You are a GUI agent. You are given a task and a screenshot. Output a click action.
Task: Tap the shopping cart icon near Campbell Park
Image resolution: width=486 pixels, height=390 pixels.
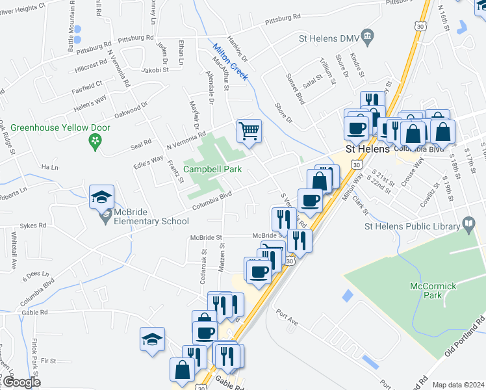pyautogui.click(x=249, y=131)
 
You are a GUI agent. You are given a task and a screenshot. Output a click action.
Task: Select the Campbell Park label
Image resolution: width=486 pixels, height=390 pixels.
pyautogui.click(x=212, y=169)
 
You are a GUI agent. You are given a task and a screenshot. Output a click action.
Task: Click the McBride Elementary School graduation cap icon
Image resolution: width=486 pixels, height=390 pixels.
pyautogui.click(x=102, y=197)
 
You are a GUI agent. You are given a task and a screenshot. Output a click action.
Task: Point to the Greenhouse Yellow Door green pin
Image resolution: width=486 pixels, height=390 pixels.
pyautogui.click(x=96, y=140)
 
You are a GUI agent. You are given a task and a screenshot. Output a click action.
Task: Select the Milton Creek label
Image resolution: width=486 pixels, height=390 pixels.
pyautogui.click(x=230, y=60)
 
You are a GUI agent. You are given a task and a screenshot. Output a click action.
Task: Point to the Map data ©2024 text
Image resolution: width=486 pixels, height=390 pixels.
pyautogui.click(x=458, y=385)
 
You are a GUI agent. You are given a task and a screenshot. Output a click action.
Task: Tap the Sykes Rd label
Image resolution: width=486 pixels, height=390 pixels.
pyautogui.click(x=33, y=226)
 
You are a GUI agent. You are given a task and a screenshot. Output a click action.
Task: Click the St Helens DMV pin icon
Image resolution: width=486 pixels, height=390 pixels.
pyautogui.click(x=367, y=34)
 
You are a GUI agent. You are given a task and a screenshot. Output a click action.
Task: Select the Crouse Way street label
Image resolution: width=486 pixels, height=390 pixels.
pyautogui.click(x=413, y=178)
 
